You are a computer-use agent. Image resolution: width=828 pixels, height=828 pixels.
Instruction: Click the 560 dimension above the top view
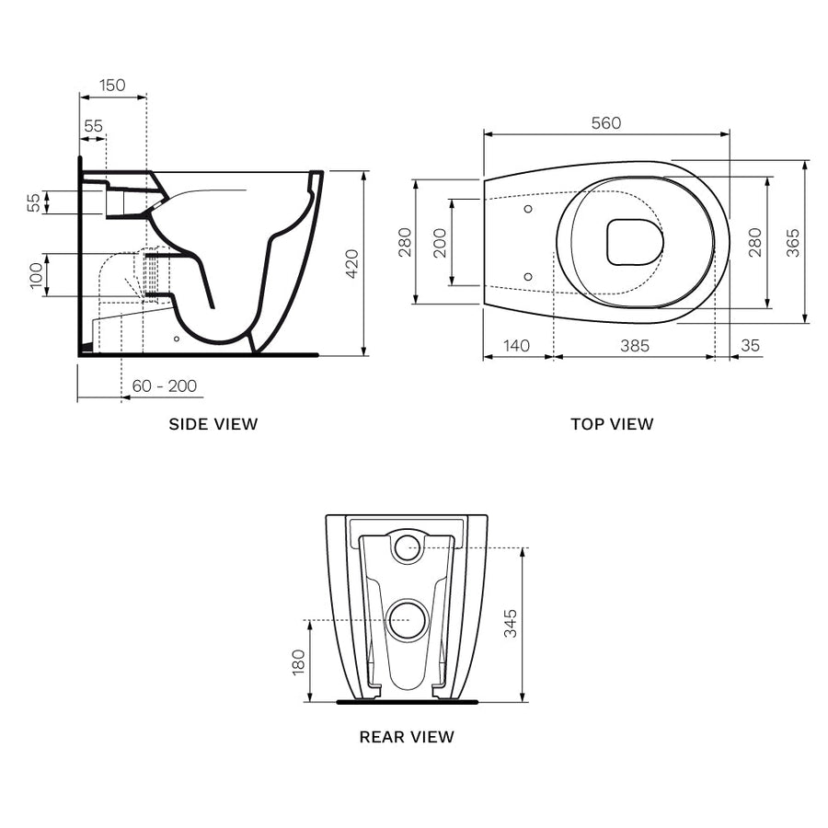[x=606, y=122]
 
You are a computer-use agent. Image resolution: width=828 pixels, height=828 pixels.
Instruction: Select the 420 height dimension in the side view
[x=351, y=264]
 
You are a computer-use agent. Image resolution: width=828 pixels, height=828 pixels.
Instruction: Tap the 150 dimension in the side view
[x=112, y=86]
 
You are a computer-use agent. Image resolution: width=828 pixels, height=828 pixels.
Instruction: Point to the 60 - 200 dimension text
[x=164, y=386]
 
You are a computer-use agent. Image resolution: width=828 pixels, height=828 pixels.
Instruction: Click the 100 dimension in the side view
[x=37, y=275]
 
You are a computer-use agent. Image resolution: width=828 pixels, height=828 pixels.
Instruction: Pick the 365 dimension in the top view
[x=793, y=242]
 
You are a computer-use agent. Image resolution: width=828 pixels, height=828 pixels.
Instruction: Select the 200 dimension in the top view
[x=440, y=242]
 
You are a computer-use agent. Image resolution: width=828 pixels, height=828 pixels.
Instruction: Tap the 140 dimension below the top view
[x=517, y=346]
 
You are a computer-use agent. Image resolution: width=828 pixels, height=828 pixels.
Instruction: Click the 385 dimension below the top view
[x=634, y=346]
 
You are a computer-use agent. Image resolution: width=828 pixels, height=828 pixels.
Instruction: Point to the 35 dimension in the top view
[x=750, y=346]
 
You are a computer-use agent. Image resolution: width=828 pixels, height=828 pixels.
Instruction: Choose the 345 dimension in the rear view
[x=511, y=624]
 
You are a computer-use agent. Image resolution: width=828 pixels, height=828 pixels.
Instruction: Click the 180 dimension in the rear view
[x=297, y=661]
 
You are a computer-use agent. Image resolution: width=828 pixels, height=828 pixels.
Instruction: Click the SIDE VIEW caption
[x=213, y=424]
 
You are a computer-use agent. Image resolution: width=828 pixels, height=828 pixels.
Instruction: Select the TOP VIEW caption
[x=612, y=424]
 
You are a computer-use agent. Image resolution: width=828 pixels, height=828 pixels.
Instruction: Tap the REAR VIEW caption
[x=407, y=736]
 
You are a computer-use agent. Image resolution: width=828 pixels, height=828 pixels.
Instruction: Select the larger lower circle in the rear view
[x=406, y=620]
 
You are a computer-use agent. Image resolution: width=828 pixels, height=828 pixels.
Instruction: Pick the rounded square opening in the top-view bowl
[x=635, y=242]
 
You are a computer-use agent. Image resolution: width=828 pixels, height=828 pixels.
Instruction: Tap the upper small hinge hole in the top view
[x=528, y=210]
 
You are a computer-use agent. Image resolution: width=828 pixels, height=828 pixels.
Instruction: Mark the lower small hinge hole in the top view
[x=528, y=275]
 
